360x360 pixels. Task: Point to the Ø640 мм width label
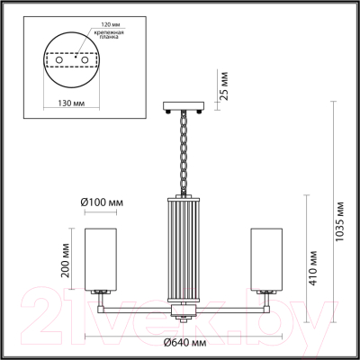[184, 342]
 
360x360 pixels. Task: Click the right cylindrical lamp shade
[266, 256]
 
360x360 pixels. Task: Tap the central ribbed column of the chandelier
[184, 249]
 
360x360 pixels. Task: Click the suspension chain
[184, 153]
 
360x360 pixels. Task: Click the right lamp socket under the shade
[266, 292]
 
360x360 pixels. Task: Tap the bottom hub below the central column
[184, 315]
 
